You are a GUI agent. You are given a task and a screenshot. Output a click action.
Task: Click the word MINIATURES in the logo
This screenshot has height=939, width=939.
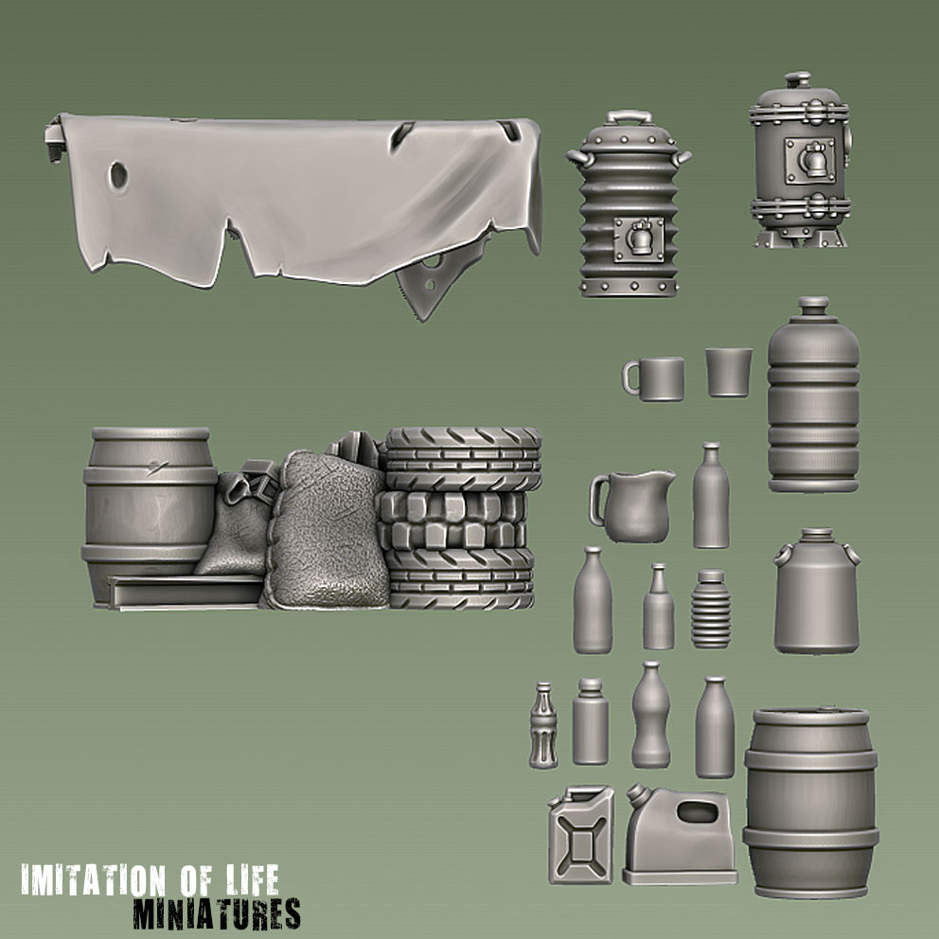[217, 913]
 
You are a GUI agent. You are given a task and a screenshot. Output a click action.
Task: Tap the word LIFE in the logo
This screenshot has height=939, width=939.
[254, 879]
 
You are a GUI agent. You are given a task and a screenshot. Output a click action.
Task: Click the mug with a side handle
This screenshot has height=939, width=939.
[654, 379]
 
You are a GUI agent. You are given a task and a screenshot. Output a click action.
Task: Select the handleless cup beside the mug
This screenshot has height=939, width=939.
[728, 372]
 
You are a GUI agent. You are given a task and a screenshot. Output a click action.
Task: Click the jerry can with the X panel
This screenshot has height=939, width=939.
[581, 834]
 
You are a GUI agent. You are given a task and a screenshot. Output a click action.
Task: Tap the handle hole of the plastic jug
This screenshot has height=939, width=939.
[698, 812]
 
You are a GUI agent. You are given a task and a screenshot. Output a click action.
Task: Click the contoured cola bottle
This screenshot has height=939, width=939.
[543, 725]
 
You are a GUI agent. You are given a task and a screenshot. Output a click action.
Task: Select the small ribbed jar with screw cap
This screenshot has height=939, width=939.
[711, 609]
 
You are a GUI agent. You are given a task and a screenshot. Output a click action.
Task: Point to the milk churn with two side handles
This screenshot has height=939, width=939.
[818, 591]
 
